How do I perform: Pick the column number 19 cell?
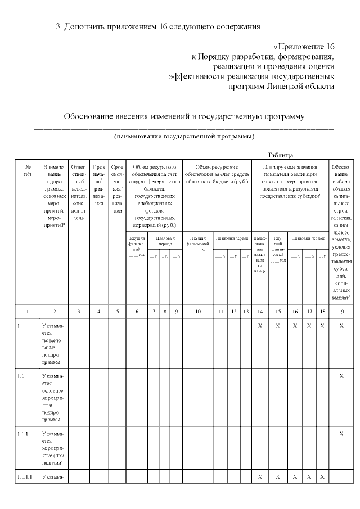(x=341, y=310)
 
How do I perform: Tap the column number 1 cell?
(x=28, y=310)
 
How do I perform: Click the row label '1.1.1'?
(x=24, y=434)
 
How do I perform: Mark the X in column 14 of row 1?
(x=260, y=326)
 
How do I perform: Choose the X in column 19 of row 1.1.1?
(x=341, y=434)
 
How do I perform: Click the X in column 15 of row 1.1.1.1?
(x=278, y=477)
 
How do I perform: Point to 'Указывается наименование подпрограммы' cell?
(x=55, y=344)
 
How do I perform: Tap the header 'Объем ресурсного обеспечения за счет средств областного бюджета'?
(x=217, y=174)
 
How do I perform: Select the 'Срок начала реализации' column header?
(x=99, y=185)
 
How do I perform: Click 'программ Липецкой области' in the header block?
(x=281, y=87)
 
